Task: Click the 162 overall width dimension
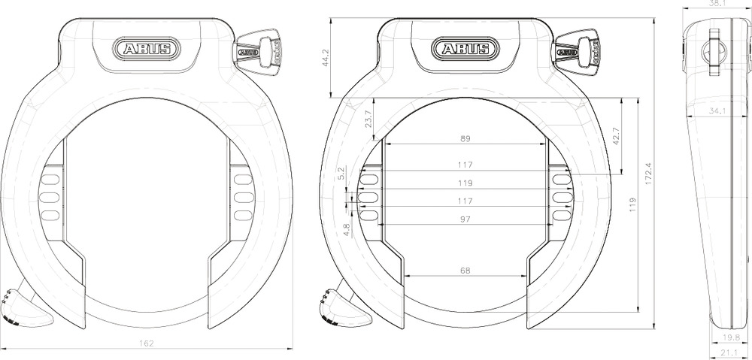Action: pos(147,343)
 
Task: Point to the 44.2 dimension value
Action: pos(326,59)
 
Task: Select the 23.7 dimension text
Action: pos(368,119)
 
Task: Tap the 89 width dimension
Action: pos(465,138)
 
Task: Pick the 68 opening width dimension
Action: pos(465,270)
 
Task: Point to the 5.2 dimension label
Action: pos(341,173)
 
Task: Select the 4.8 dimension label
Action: pos(347,229)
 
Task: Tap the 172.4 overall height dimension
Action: pos(647,173)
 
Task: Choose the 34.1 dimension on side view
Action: pos(717,111)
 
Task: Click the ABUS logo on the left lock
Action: pos(147,50)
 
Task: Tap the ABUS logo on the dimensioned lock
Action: pos(465,50)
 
